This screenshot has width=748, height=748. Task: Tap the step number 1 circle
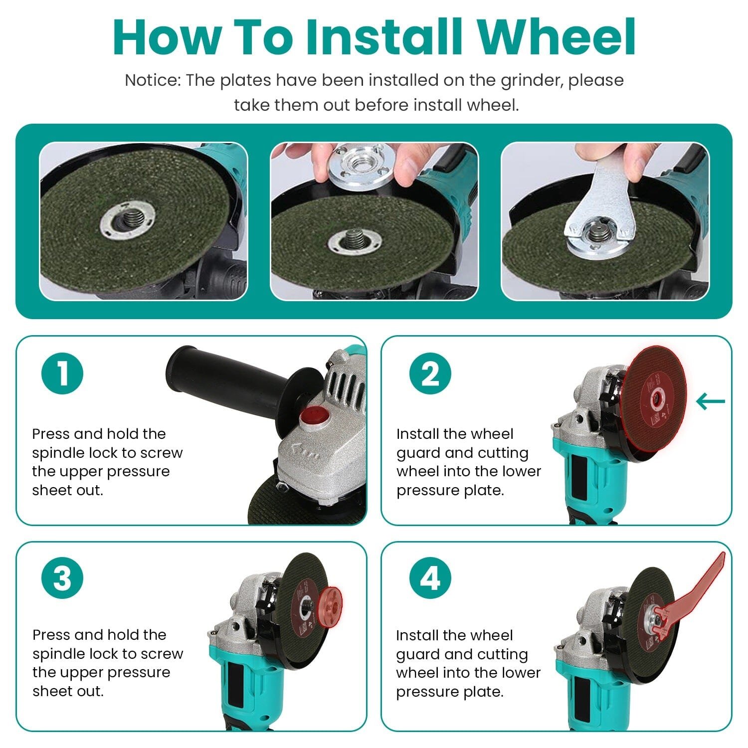pyautogui.click(x=62, y=374)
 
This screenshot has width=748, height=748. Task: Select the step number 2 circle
pyautogui.click(x=430, y=374)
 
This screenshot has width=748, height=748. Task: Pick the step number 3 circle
pyautogui.click(x=62, y=579)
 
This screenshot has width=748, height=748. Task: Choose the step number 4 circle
pyautogui.click(x=430, y=579)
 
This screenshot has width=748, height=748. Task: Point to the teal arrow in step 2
pyautogui.click(x=711, y=401)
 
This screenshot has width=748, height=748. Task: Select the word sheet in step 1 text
pyautogui.click(x=48, y=490)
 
